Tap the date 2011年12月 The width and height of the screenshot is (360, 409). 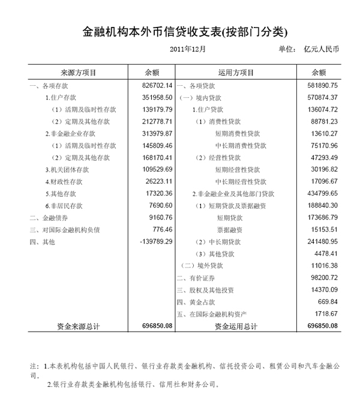(188, 49)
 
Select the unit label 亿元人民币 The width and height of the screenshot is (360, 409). (321, 49)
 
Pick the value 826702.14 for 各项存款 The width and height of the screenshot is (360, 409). (154, 85)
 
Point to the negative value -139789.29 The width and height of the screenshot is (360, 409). (154, 241)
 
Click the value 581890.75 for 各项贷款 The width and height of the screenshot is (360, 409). (319, 85)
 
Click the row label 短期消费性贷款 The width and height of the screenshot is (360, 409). (238, 133)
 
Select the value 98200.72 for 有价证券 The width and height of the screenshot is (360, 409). (321, 277)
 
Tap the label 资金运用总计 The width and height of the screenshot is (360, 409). (236, 326)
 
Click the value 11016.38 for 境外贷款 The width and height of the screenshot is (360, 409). (321, 265)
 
